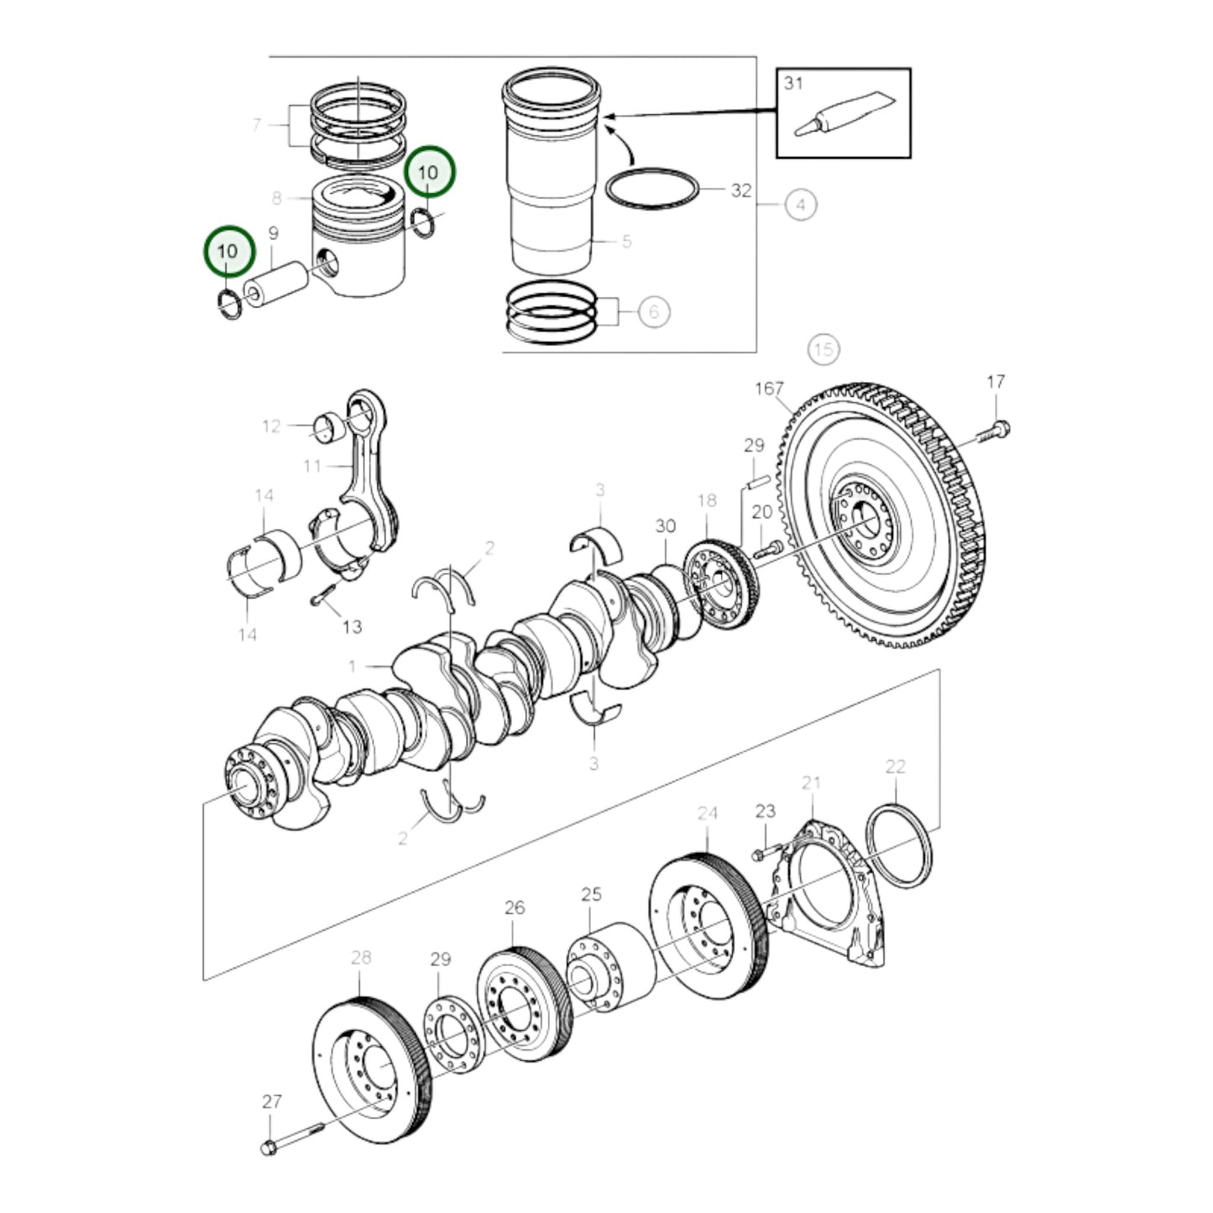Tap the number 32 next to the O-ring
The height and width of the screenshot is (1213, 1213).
pos(740,191)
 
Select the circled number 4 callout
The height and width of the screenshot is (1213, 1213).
pos(801,204)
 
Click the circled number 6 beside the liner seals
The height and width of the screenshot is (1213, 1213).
pos(654,312)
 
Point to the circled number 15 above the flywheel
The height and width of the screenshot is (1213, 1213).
pos(823,348)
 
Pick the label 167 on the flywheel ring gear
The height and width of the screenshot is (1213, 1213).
pos(769,389)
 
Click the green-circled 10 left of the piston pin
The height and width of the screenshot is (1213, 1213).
pos(227,251)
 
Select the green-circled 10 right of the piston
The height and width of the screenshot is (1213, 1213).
pos(428,172)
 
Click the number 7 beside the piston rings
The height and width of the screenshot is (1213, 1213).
pos(257,125)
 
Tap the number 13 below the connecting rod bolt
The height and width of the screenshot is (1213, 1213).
pos(352,626)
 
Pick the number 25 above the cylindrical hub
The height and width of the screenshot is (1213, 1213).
pos(591,894)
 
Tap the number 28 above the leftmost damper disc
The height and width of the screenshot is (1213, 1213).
pos(360,958)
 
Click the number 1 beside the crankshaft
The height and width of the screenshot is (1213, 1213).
pos(353,667)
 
